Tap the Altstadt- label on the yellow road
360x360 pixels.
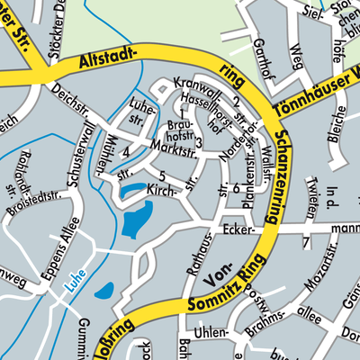pos(111,62)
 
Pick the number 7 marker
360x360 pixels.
pos(306,244)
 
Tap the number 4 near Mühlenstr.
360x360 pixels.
pos(126,151)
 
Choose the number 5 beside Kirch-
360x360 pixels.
pos(161,175)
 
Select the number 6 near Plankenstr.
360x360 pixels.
pos(236,188)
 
